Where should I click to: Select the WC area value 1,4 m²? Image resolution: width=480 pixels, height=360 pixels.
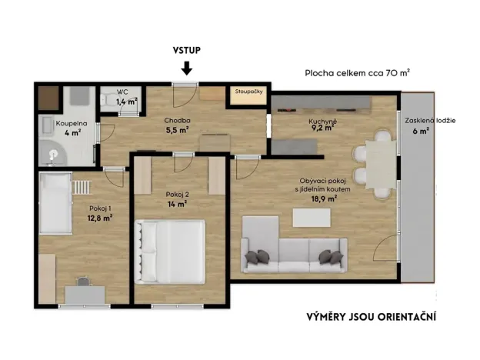point(126,101)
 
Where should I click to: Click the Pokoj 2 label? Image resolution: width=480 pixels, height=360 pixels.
point(176,194)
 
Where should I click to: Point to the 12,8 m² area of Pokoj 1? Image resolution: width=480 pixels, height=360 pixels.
point(100,217)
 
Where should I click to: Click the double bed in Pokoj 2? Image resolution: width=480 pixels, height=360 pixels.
point(171,252)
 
